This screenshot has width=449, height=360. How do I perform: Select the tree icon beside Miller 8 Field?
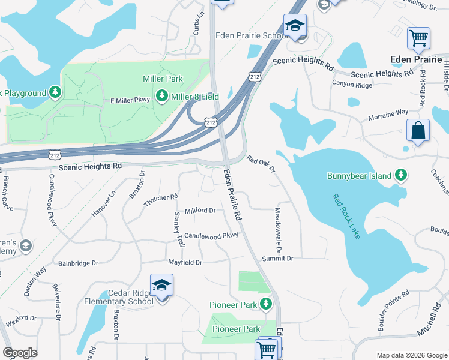161,96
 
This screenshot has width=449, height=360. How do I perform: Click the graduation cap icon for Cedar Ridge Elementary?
161,286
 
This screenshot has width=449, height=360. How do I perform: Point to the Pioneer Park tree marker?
266,305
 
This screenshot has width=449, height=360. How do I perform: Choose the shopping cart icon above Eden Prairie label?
418,38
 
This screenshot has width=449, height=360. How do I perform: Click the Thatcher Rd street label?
161,201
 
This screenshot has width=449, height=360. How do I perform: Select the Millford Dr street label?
200,211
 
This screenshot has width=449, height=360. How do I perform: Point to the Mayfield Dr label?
185,262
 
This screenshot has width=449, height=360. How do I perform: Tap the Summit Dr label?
277,258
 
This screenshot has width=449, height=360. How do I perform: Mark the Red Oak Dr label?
261,165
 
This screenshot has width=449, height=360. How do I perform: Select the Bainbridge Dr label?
78,263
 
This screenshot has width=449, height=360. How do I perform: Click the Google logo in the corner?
20,353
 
